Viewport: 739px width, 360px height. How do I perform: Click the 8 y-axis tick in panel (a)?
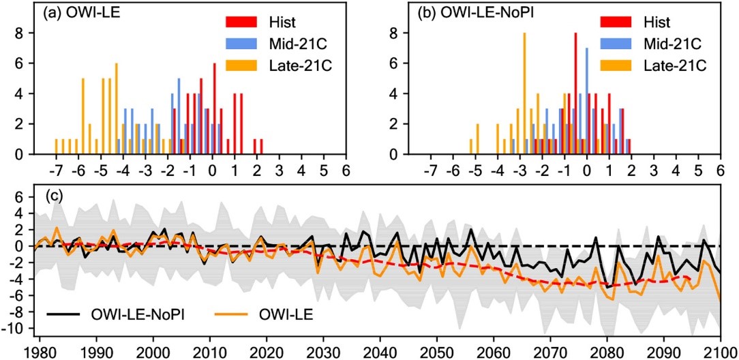tap(20, 33)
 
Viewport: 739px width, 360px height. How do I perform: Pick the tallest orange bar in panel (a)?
tap(117, 109)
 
